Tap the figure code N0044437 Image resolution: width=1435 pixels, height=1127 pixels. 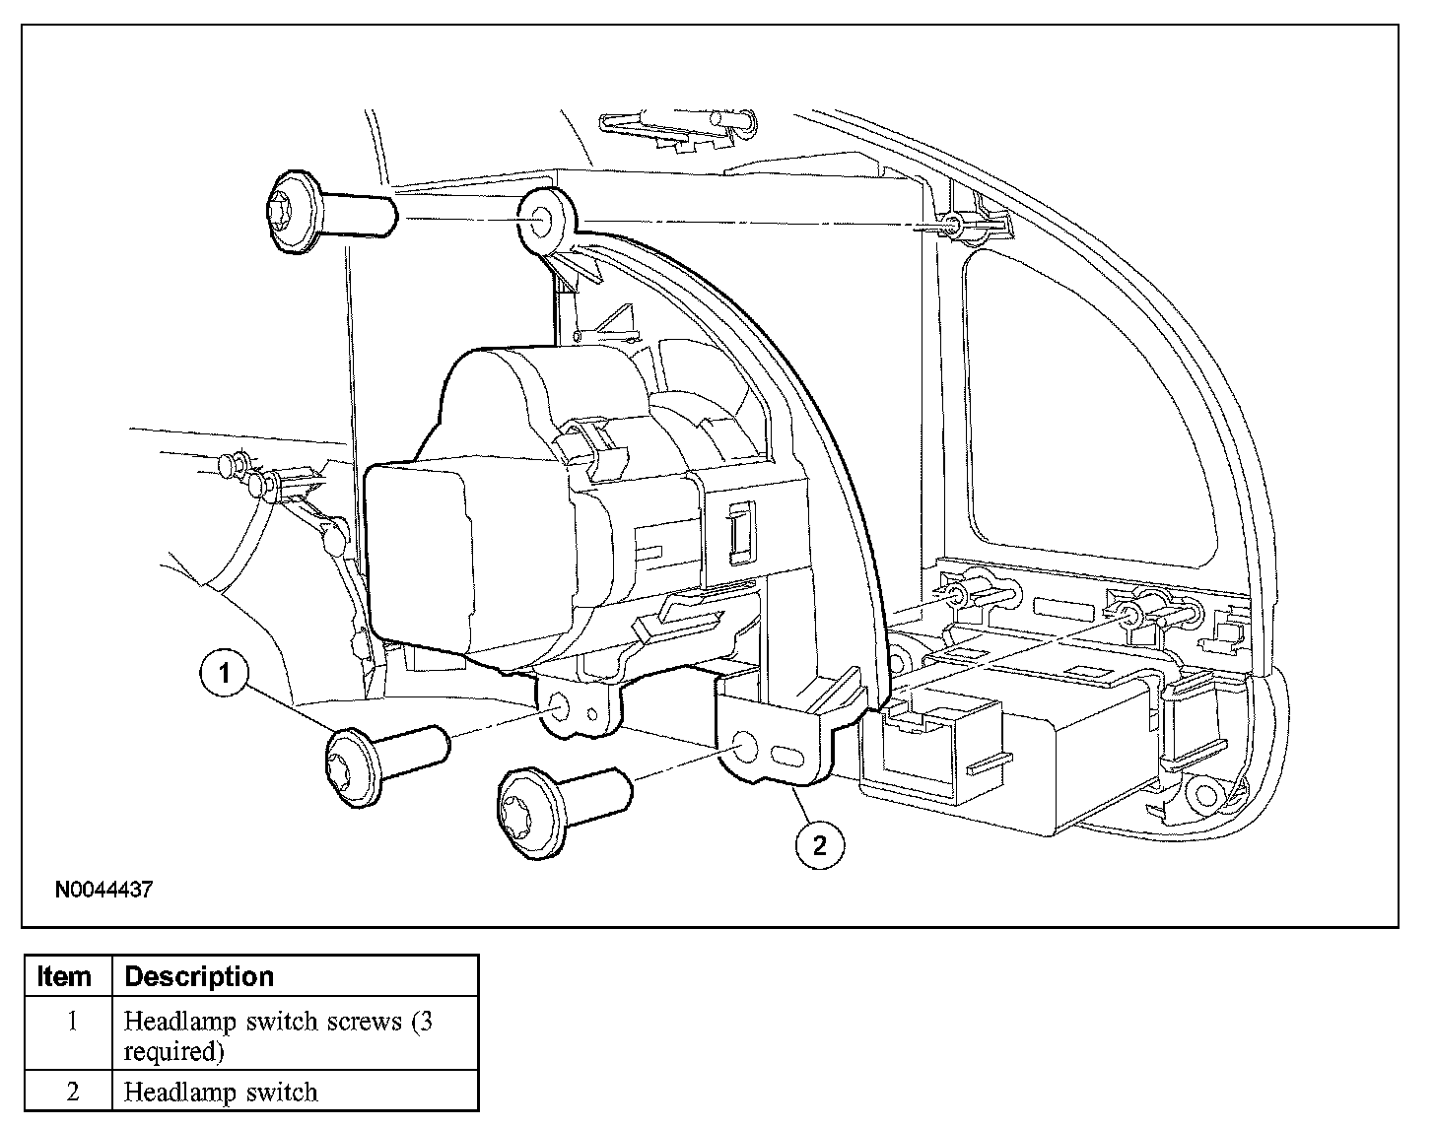click(x=103, y=890)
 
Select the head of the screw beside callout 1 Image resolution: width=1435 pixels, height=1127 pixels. click(x=354, y=764)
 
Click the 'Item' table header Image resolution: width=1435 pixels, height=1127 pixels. click(x=65, y=976)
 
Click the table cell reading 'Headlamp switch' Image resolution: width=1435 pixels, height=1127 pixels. click(x=221, y=1092)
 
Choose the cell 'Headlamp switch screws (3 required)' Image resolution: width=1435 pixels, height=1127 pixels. click(x=278, y=1035)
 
